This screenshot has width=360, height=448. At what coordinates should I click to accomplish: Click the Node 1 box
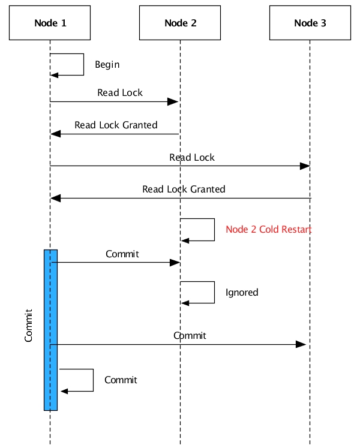pos(50,23)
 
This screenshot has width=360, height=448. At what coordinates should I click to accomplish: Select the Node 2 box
pos(180,23)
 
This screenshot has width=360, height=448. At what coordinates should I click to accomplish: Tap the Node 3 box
pos(310,23)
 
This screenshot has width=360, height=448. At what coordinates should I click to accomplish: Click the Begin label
pos(107,65)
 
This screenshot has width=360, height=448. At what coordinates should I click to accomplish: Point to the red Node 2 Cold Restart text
pos(268,230)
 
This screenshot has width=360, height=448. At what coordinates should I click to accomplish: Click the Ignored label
pos(242,293)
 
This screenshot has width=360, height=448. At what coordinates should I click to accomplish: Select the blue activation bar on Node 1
pos(50,329)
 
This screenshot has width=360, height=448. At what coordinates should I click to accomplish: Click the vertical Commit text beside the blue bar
pos(29,326)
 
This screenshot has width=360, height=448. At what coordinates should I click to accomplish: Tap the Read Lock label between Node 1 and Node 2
pos(120,93)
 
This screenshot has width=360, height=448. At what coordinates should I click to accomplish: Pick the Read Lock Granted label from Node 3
pos(184,190)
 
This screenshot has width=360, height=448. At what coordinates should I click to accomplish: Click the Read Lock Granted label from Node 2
pos(116,125)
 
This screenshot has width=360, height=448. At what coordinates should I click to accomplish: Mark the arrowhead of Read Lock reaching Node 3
pos(305,166)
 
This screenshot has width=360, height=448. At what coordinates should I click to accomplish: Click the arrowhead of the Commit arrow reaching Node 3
pos(302,344)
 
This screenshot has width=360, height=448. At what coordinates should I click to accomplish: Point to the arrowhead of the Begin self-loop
pos(54,75)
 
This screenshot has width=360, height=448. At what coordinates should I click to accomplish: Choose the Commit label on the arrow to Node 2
pos(122,254)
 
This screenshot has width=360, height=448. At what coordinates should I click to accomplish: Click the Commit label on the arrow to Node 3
pos(190,335)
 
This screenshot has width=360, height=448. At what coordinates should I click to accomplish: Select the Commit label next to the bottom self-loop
pos(121,380)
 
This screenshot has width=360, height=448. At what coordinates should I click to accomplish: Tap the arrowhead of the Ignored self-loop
pos(185,303)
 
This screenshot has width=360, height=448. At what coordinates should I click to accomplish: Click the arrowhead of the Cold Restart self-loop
pos(185,240)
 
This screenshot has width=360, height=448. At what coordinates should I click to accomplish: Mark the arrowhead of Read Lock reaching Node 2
pos(175,101)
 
